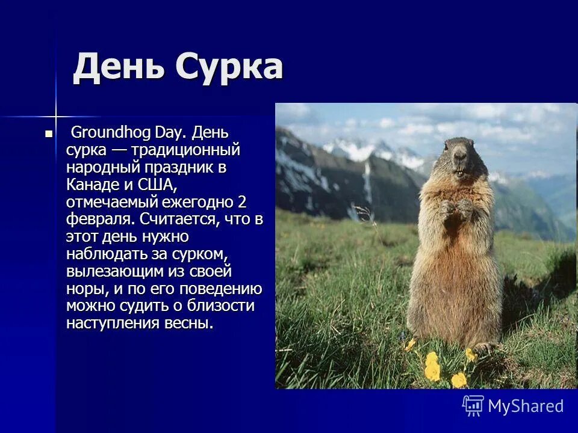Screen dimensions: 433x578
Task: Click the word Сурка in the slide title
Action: coord(229,67)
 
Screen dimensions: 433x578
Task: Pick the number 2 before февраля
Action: coord(242,201)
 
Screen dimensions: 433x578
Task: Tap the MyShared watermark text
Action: coord(526,406)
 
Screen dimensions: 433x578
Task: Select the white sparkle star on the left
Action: coord(55,115)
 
